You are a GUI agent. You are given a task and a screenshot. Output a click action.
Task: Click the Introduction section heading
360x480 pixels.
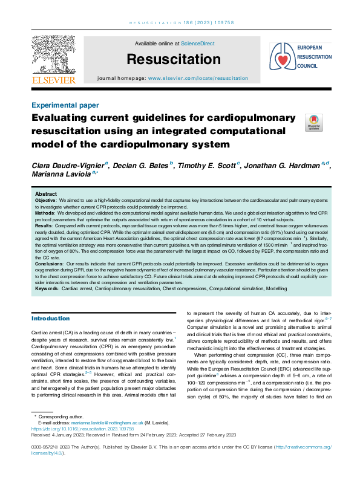pos(50,319)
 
